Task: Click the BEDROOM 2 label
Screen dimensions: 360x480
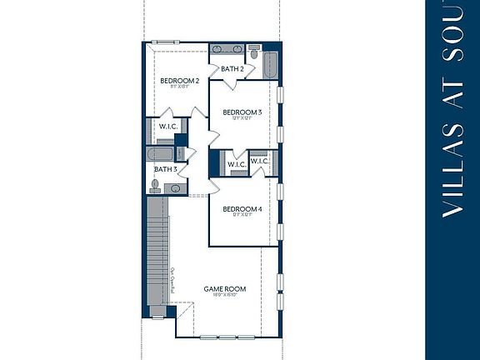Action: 179,81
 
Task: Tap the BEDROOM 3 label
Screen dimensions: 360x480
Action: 242,112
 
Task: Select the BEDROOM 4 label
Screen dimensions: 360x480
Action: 242,209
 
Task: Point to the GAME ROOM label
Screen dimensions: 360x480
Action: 225,289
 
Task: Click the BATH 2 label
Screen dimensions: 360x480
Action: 232,68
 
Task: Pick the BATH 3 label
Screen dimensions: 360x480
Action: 165,169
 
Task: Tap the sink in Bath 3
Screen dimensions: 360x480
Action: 176,188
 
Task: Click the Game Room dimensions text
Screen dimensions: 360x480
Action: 225,297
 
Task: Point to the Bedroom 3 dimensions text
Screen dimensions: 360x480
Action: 242,118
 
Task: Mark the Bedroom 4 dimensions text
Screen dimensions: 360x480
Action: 242,216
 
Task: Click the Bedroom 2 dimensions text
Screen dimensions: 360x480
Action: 179,87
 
